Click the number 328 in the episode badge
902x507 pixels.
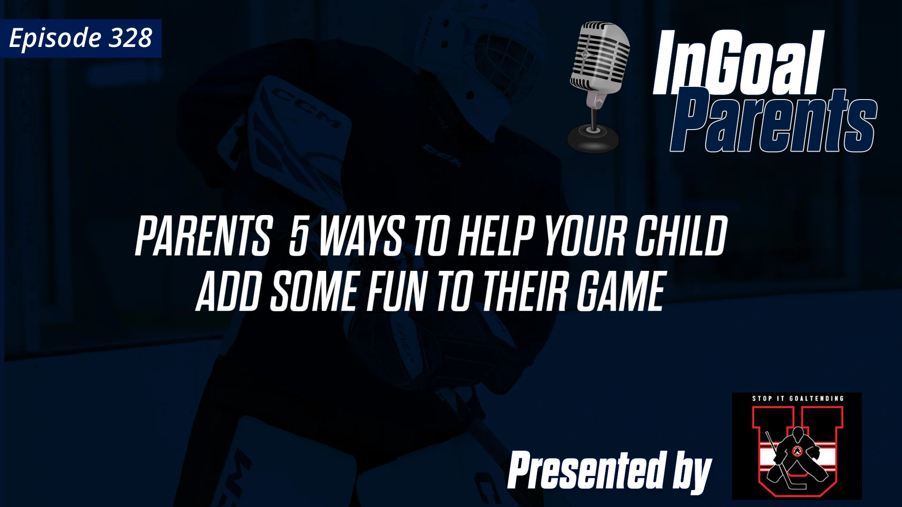point(130,38)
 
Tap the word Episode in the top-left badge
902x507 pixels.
point(55,38)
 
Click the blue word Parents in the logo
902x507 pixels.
point(773,121)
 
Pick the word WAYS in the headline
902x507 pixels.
point(361,237)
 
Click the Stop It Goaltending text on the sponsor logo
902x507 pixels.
point(797,399)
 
